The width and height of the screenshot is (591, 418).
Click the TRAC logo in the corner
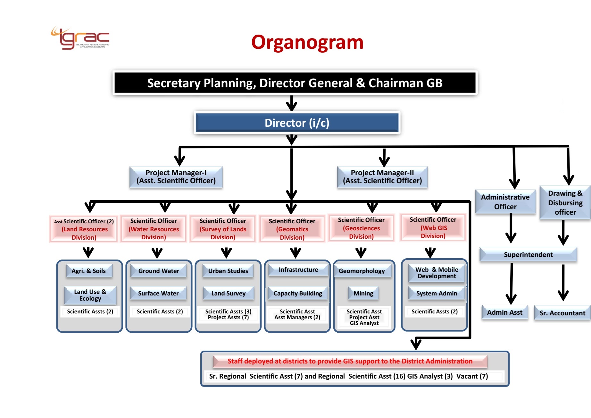pos(80,38)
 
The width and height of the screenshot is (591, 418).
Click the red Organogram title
pos(307,42)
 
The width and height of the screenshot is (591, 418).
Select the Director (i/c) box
pos(297,123)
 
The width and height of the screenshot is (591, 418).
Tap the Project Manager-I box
pos(176,177)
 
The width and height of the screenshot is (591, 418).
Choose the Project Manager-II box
pos(382,177)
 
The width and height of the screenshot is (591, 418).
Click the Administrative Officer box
pos(505,202)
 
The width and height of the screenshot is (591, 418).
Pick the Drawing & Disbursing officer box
pos(565,202)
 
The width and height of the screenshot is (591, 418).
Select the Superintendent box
pos(528,255)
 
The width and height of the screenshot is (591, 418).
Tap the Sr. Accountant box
pos(562,313)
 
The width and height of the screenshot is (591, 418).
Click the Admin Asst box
pos(505,312)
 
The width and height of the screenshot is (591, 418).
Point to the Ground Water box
pos(159,271)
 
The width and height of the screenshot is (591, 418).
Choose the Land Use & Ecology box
pos(90,295)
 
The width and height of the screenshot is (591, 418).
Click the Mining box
pos(363,293)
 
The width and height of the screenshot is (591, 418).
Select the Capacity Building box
pos(298,293)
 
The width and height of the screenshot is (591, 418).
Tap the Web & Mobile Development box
pos(437,273)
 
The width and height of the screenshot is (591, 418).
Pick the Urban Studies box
pos(228,271)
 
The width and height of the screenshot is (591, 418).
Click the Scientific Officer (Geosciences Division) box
pos(361,228)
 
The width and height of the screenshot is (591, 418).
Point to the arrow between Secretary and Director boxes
pos(292,103)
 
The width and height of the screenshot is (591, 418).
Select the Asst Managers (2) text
pos(297,317)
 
